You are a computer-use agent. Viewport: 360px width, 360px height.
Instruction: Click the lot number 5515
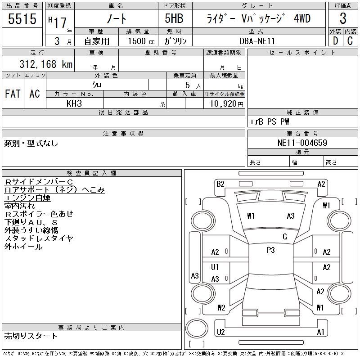click(22, 19)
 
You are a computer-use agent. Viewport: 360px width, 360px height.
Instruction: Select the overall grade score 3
click(343, 19)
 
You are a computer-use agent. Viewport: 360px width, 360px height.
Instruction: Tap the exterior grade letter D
click(335, 41)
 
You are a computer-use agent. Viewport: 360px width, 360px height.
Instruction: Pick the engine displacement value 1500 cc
click(137, 41)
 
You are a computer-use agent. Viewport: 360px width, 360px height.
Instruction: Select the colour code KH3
click(74, 103)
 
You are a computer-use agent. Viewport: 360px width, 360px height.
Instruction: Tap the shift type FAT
click(13, 94)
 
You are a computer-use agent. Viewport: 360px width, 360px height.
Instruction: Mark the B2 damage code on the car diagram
click(220, 184)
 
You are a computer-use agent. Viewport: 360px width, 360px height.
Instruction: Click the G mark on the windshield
click(285, 237)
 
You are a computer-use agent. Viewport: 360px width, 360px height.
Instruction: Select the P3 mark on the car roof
click(270, 250)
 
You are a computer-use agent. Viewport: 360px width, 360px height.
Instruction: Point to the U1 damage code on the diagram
click(215, 267)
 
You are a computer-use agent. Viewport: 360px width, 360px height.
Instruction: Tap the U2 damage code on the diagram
click(220, 332)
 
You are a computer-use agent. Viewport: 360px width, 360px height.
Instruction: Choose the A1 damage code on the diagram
click(321, 332)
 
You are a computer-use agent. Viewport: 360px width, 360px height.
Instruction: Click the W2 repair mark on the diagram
click(220, 308)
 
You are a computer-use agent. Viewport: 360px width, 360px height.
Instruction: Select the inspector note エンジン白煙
click(27, 198)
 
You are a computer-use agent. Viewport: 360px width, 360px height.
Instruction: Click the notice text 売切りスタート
click(31, 336)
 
